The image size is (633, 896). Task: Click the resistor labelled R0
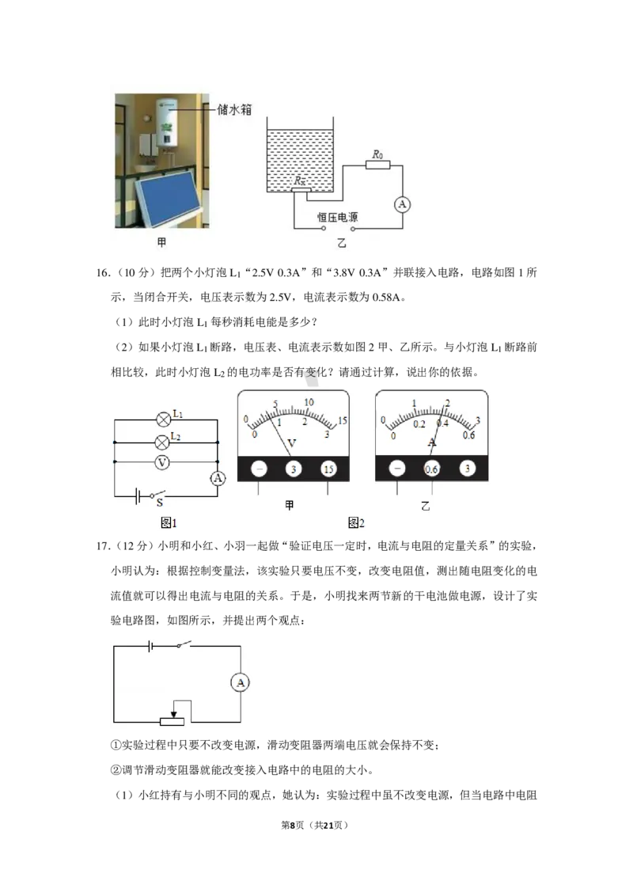click(377, 165)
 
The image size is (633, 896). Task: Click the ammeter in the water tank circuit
click(402, 204)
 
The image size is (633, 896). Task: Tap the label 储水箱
click(234, 109)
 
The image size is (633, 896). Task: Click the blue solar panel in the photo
click(169, 200)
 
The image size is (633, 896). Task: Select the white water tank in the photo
click(168, 123)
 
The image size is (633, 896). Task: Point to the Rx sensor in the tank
click(301, 190)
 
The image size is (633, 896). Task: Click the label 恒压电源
click(338, 217)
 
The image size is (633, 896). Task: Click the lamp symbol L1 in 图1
click(164, 420)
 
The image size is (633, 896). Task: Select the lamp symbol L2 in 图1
click(163, 442)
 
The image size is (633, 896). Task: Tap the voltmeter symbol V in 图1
click(162, 462)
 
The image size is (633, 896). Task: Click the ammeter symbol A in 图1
click(218, 478)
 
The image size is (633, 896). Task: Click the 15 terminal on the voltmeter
click(328, 469)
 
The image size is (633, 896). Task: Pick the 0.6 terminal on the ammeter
click(432, 469)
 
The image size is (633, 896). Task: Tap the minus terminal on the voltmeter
click(259, 469)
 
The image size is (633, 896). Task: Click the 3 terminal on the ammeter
click(468, 469)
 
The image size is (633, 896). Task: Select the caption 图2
click(356, 522)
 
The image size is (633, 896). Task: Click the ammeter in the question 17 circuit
click(241, 682)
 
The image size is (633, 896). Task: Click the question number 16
click(103, 272)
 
